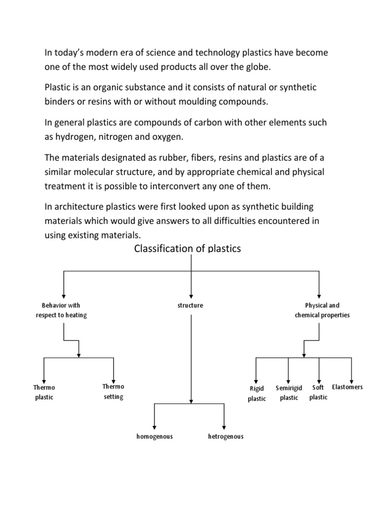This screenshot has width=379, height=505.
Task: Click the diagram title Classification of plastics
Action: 188,249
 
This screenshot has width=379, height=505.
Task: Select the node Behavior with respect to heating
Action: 61,310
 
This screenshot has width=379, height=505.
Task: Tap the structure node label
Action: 190,305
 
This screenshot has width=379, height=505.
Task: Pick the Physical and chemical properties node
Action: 322,310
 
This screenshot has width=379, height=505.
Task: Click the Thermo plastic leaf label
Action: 44,392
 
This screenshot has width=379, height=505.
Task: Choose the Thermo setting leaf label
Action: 114,392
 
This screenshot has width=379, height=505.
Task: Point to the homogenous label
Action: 154,436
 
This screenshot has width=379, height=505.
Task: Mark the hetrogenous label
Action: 226,436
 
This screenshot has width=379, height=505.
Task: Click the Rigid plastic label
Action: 257,394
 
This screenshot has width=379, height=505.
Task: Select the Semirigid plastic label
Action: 289,393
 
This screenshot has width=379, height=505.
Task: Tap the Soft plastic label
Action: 318,392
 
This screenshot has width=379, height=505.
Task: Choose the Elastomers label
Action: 347,387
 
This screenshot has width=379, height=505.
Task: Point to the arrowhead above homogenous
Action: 155,426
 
